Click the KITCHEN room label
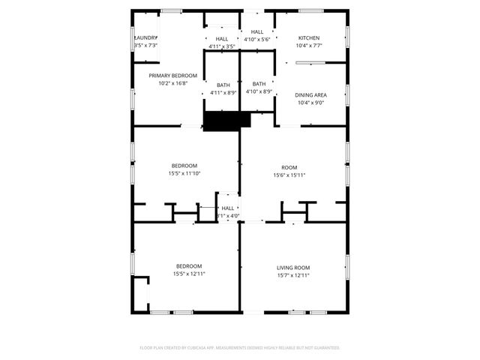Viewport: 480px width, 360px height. click(309, 37)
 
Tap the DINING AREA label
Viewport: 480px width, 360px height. click(312, 94)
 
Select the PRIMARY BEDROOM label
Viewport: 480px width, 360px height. click(172, 76)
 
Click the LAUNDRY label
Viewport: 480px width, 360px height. click(145, 37)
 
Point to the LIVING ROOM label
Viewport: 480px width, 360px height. click(293, 268)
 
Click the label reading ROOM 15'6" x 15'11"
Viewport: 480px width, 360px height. click(289, 167)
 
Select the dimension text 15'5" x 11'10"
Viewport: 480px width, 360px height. click(184, 173)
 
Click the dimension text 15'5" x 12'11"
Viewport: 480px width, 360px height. click(189, 274)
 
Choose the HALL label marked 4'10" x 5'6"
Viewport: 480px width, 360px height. click(257, 31)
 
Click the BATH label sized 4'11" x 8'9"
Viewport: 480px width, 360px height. click(223, 85)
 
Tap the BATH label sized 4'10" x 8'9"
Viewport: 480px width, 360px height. click(259, 84)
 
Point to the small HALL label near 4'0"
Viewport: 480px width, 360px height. click(228, 208)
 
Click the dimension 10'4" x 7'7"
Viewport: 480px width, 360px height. click(309, 45)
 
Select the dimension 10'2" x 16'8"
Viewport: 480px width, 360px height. click(172, 83)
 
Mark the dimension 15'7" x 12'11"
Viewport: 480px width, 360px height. click(293, 275)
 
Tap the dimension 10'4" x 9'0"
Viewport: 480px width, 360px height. click(312, 102)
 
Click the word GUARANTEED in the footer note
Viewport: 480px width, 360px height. click(324, 348)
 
